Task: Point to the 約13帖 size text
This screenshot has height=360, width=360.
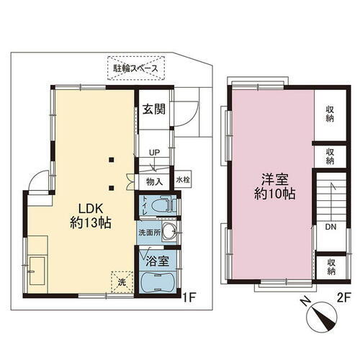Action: pyautogui.click(x=90, y=222)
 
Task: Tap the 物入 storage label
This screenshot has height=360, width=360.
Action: pyautogui.click(x=154, y=181)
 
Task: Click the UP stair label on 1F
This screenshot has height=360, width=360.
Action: pyautogui.click(x=154, y=153)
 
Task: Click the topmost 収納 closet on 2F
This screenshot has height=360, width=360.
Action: pyautogui.click(x=330, y=114)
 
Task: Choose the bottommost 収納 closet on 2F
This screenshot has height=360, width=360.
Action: pyautogui.click(x=330, y=266)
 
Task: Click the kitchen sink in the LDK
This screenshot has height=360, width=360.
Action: pyautogui.click(x=35, y=273)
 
